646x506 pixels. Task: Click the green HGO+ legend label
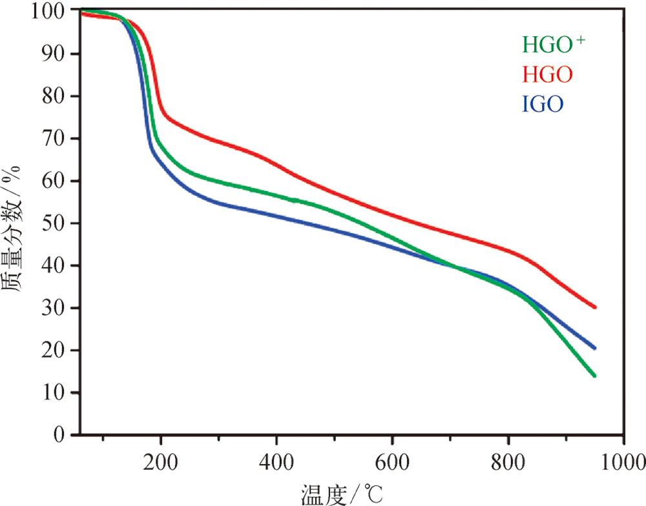[x=554, y=45]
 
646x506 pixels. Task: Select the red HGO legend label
[x=547, y=75]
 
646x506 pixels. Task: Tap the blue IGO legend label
[x=543, y=104]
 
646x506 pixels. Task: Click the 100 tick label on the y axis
[x=51, y=12]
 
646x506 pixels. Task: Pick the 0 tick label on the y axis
[x=63, y=435]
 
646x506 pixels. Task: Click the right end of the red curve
[x=594, y=307]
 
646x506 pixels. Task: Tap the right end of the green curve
[x=594, y=376]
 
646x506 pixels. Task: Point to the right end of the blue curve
[x=594, y=348]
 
